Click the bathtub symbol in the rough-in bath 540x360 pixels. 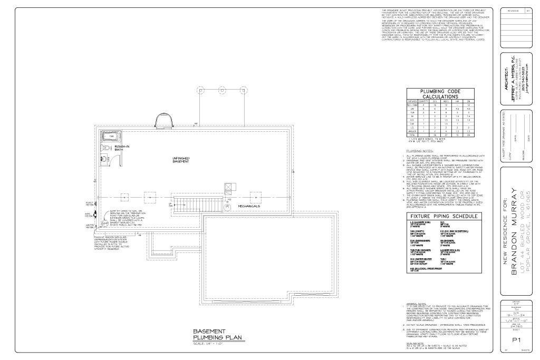[111, 136]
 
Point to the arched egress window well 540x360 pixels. [162, 120]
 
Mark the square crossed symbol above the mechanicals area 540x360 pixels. [228, 187]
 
